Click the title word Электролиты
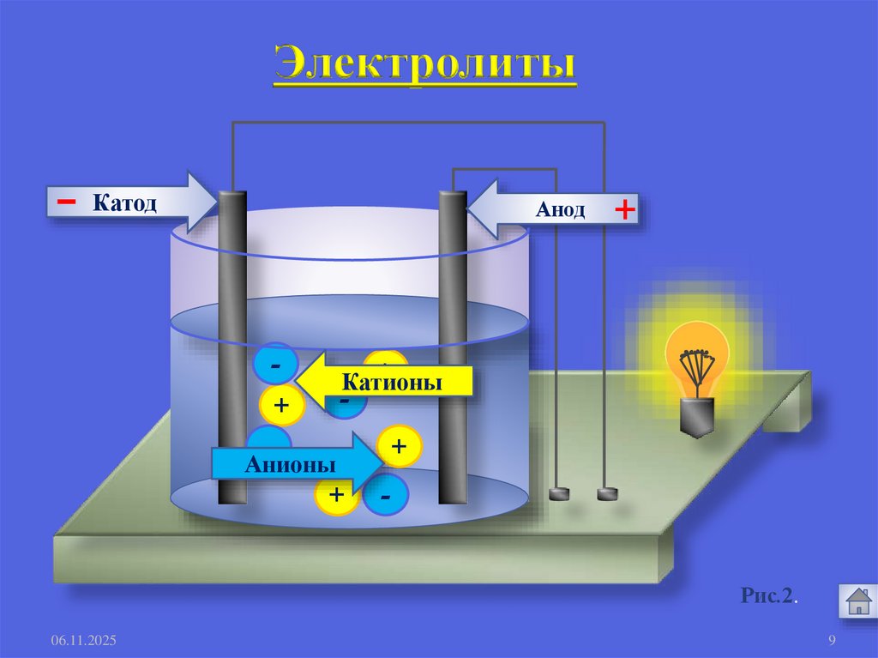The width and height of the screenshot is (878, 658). [424, 66]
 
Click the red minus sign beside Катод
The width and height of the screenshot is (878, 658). [66, 201]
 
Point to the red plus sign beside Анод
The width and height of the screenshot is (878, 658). [625, 209]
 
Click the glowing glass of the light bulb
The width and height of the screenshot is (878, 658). [697, 355]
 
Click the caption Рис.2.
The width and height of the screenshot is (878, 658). [770, 595]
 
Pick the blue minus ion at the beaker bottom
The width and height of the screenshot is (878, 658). [386, 498]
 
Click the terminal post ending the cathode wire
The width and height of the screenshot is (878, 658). [607, 493]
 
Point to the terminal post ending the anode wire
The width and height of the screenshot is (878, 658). [559, 493]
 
